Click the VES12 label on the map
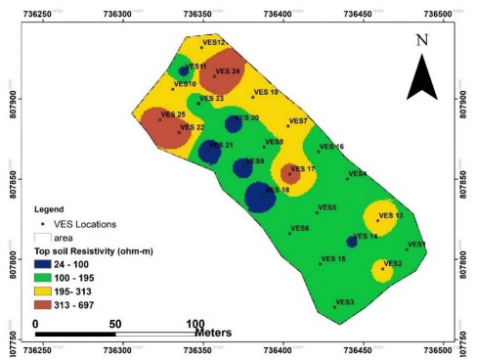[x=215, y=43]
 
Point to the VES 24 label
[x=228, y=71]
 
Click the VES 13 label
[x=391, y=215]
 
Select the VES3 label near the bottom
[x=345, y=302]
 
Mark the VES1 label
[x=417, y=245]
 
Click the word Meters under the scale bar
[x=212, y=333]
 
